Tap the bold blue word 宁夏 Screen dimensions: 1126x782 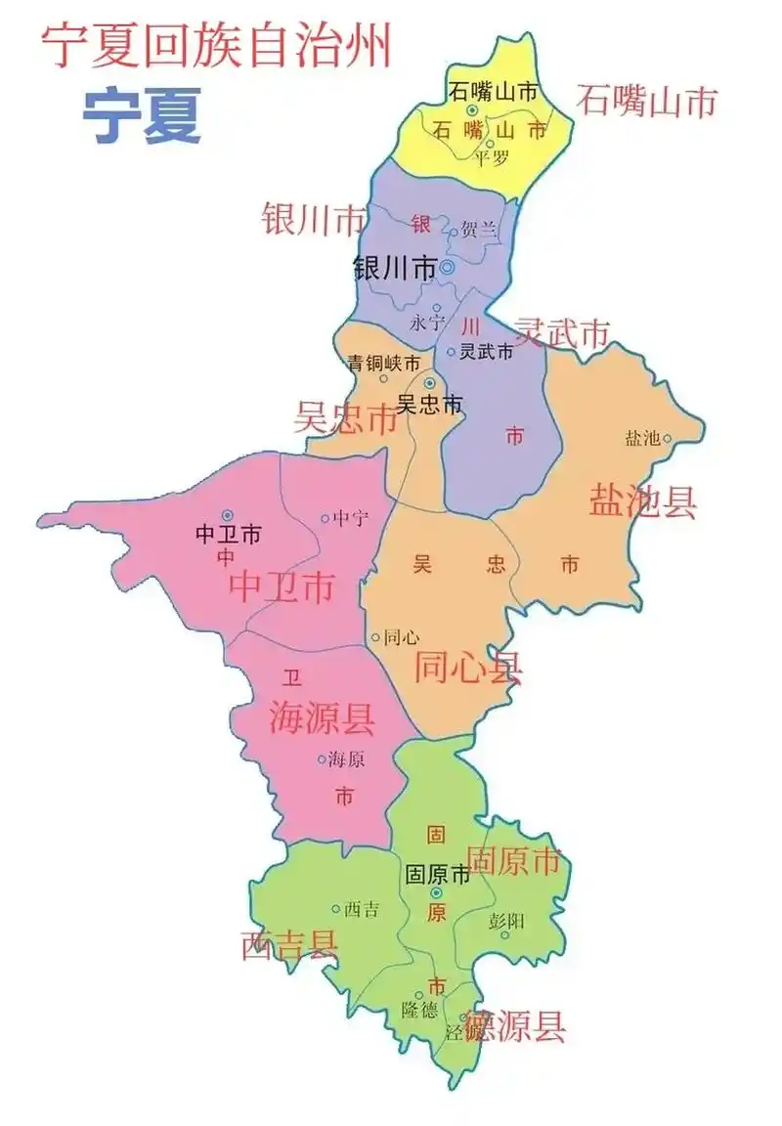(x=142, y=115)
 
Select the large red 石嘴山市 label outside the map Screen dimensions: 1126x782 (x=646, y=101)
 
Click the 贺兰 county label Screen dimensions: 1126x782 (x=479, y=231)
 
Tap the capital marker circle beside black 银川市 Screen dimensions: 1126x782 (x=447, y=267)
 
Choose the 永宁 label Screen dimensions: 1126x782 (x=427, y=322)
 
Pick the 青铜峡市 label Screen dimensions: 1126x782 (x=384, y=363)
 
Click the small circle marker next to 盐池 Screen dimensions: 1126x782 (x=668, y=438)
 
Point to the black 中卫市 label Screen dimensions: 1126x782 (x=228, y=535)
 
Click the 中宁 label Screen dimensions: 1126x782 (x=351, y=518)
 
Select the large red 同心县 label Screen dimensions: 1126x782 (x=468, y=668)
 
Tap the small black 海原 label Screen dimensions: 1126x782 (x=347, y=758)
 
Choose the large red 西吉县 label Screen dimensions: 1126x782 (x=289, y=945)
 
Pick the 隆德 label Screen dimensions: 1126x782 (x=420, y=1010)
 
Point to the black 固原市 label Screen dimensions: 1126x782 (x=437, y=875)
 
